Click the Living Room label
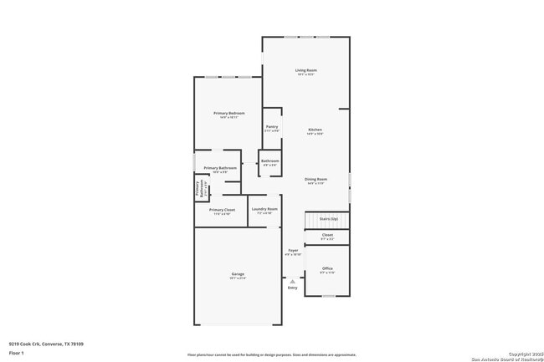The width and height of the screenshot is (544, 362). click(305, 70)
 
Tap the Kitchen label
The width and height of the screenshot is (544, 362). click(315, 130)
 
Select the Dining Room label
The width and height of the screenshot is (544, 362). click(316, 179)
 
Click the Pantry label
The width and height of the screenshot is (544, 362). click(272, 127)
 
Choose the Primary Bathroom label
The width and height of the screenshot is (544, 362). click(220, 168)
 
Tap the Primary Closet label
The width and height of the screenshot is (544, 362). click(222, 210)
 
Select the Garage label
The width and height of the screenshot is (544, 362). click(238, 274)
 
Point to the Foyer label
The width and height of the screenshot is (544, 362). click(293, 250)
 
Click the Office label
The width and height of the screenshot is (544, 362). click(327, 268)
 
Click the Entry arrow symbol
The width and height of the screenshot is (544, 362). click(292, 283)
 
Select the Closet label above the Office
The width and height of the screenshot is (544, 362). click(327, 235)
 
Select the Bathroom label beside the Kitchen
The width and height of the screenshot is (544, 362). click(269, 161)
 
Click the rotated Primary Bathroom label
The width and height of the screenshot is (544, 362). click(200, 189)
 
